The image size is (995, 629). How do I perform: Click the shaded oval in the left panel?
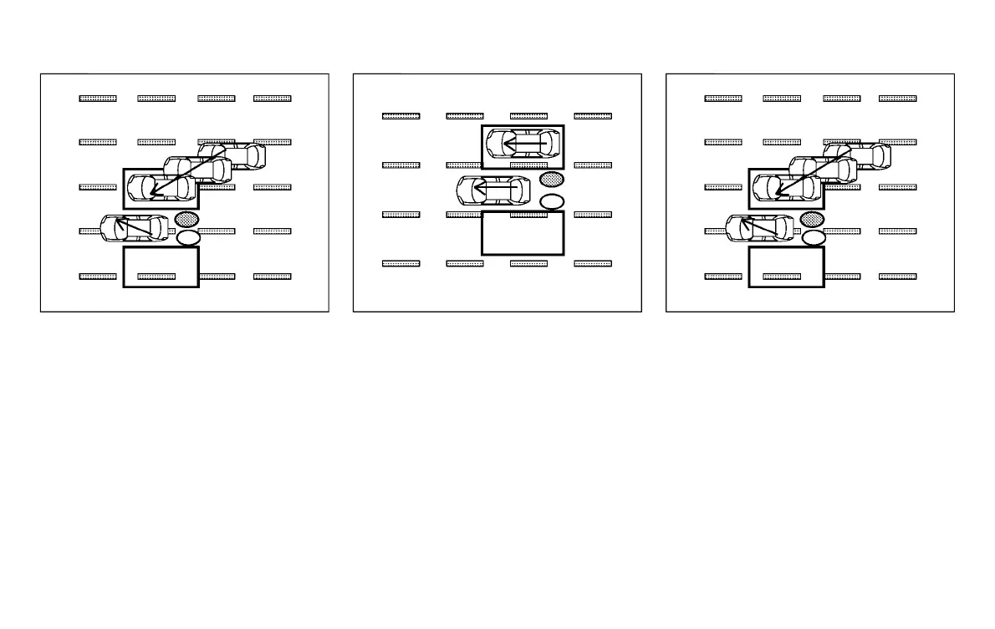click(x=186, y=220)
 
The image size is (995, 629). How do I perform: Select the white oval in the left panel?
click(x=189, y=238)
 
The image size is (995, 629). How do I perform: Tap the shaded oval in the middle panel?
click(x=552, y=179)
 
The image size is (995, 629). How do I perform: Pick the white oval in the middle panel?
click(x=552, y=201)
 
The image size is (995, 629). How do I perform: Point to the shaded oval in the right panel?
click(x=812, y=220)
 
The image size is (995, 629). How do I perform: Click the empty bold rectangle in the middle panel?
click(x=523, y=232)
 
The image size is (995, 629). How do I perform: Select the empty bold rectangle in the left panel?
click(x=161, y=266)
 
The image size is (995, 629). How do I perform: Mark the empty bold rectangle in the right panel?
click(x=786, y=266)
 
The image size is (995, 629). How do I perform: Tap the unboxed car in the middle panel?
click(x=493, y=191)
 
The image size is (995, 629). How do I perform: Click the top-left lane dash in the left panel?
click(x=98, y=99)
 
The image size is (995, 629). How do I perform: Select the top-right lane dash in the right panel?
click(x=898, y=99)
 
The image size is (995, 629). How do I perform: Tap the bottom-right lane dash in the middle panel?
click(x=593, y=263)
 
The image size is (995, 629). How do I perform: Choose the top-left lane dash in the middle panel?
click(x=401, y=116)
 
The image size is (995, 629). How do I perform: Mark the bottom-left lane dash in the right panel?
click(x=723, y=276)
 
